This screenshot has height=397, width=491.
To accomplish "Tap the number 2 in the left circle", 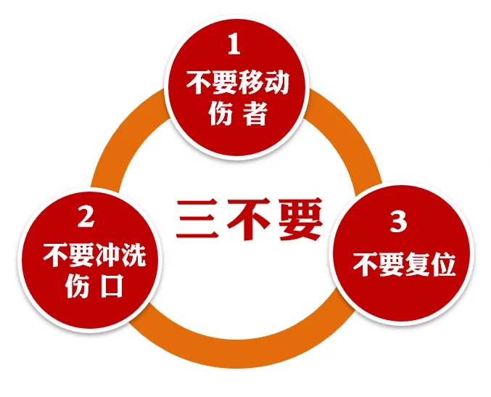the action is [86, 216].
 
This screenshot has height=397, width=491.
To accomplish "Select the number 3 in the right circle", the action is [398, 222].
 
